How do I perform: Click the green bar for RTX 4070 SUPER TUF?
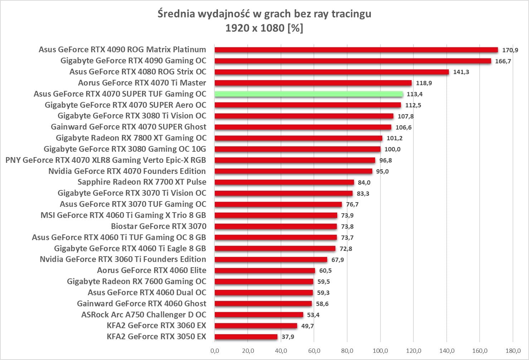pos(309,94)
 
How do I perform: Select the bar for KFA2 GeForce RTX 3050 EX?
pos(246,337)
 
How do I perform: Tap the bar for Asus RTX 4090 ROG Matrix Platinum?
pos(356,50)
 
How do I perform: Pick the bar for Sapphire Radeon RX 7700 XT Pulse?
pos(284,182)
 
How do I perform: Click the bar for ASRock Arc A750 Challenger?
pos(259,315)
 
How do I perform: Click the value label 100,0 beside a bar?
pos(392,149)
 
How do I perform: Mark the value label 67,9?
pos(338,259)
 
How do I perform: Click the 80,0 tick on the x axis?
pos(347,351)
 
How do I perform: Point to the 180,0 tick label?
pos(513,351)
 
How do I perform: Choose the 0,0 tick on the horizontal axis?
pos(215,351)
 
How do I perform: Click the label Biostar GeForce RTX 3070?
pos(159,226)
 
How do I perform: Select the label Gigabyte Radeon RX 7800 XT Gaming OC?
pos(131,138)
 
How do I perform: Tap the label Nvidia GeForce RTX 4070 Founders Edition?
pos(127,171)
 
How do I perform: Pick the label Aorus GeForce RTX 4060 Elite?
pos(151,270)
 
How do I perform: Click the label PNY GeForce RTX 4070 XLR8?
pos(106,160)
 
